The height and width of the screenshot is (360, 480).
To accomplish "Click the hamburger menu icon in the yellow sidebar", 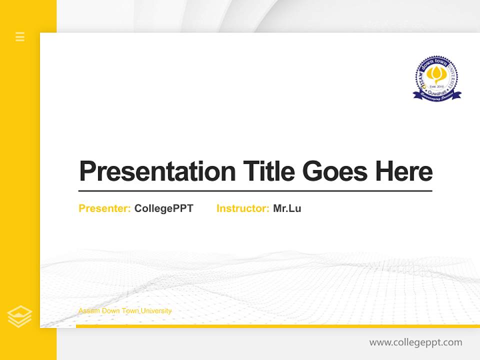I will [20, 36].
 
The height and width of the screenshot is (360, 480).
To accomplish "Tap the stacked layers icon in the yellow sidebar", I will [19, 316].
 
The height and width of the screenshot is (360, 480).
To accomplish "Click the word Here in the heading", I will [403, 171].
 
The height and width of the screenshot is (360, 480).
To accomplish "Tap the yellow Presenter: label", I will [104, 208].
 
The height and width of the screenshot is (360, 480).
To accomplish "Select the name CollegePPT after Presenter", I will [163, 208].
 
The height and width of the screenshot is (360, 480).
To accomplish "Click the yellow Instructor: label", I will [242, 208].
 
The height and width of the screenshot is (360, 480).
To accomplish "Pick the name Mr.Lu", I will [287, 208].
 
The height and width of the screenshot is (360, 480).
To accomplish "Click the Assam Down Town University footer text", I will [125, 311].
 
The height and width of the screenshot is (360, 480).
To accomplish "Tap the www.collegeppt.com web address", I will [415, 342].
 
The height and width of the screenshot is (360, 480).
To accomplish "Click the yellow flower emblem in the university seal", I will [437, 75].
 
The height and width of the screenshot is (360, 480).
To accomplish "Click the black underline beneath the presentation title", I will [255, 190].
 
